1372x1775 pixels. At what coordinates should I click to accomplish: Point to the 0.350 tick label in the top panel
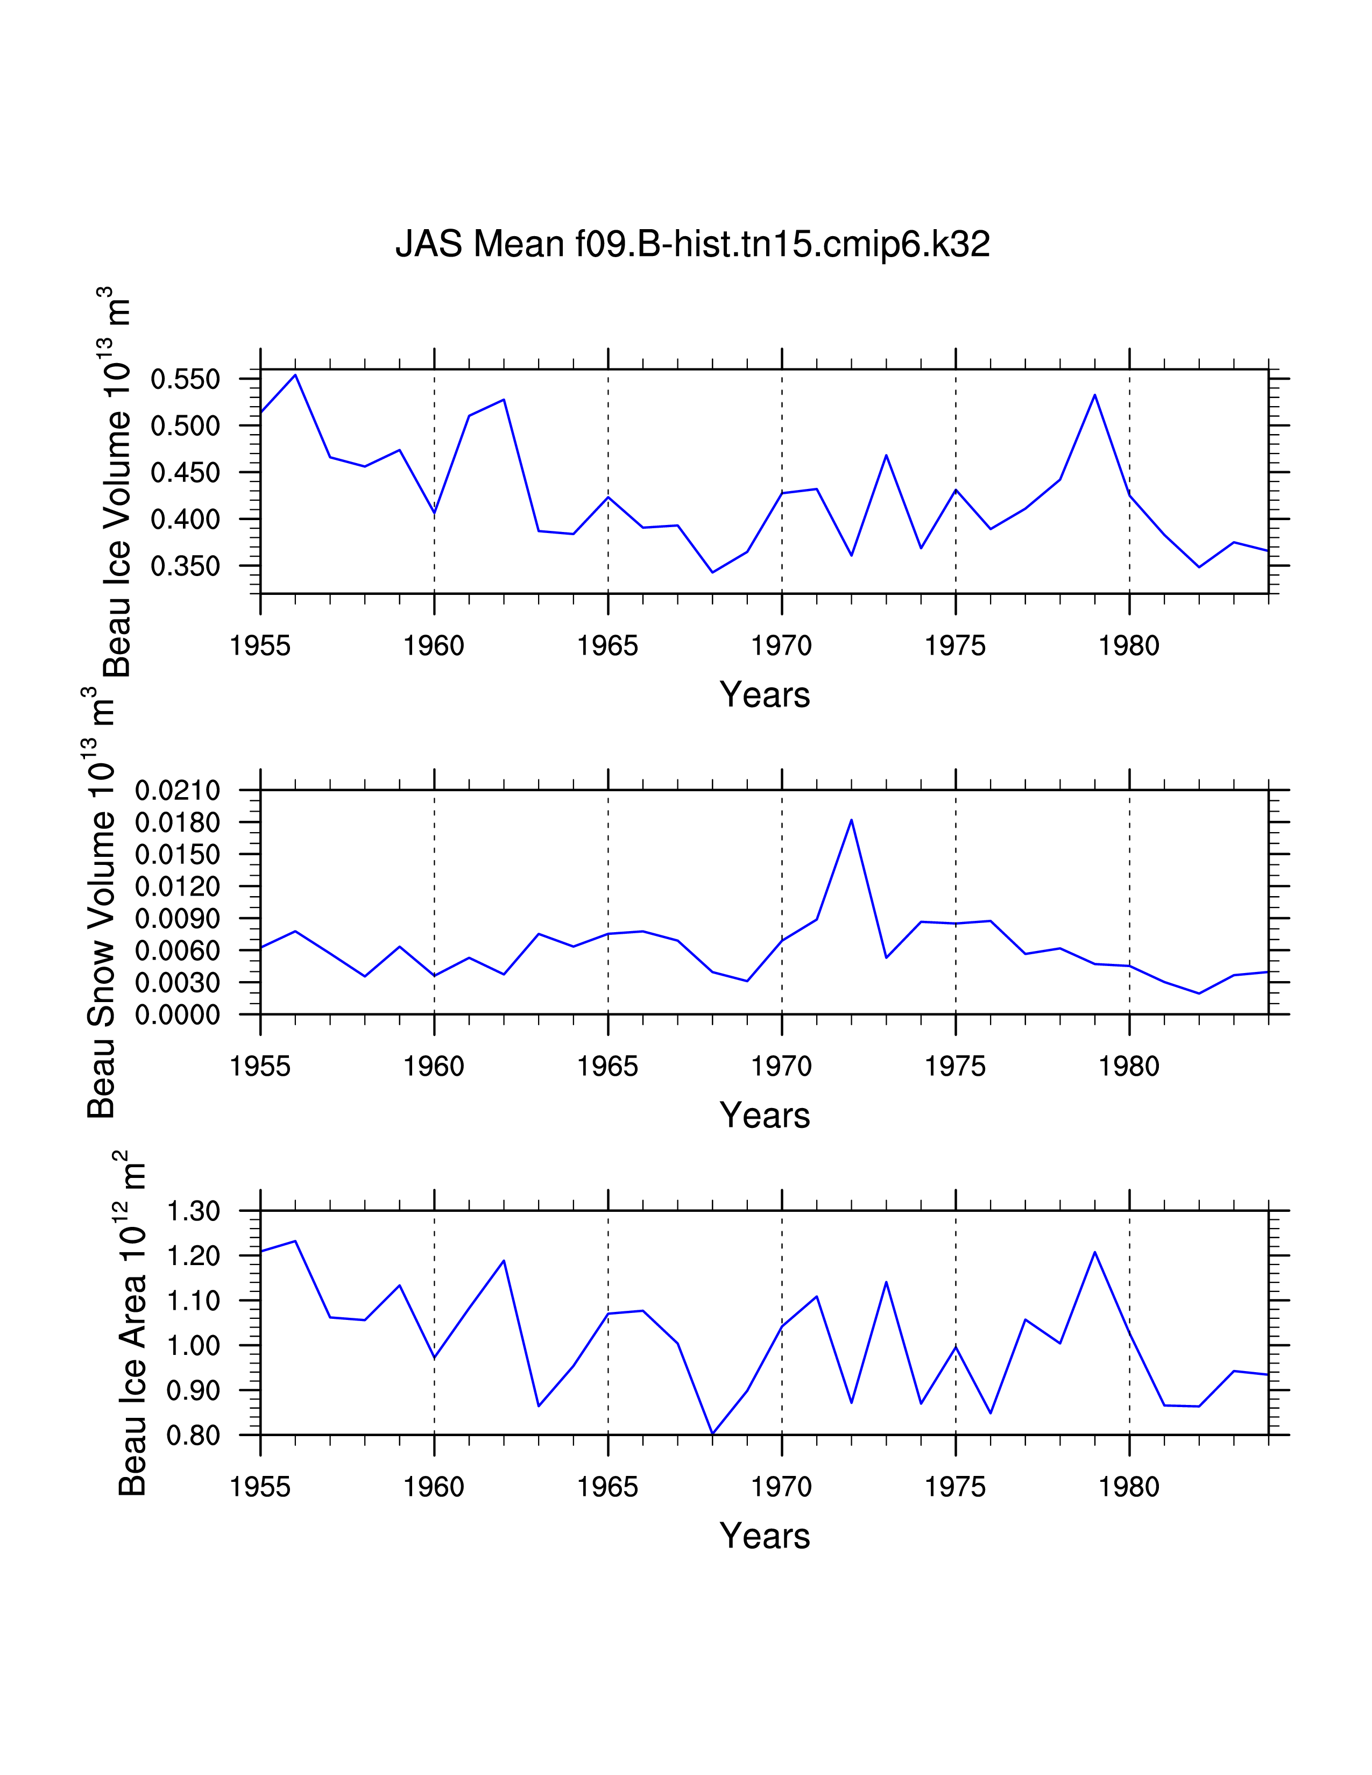[x=185, y=566]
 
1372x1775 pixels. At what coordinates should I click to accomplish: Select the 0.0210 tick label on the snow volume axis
[x=177, y=790]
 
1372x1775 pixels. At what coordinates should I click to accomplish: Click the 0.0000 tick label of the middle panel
[x=177, y=1015]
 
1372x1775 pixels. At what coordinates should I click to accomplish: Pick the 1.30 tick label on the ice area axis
[x=194, y=1211]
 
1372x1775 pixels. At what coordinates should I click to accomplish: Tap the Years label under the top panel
[x=764, y=695]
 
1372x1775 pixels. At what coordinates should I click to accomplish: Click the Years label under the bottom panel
[x=764, y=1536]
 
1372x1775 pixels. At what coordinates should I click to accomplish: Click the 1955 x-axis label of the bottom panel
[x=260, y=1487]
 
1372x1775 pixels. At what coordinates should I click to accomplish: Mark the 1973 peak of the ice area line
[x=886, y=1282]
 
